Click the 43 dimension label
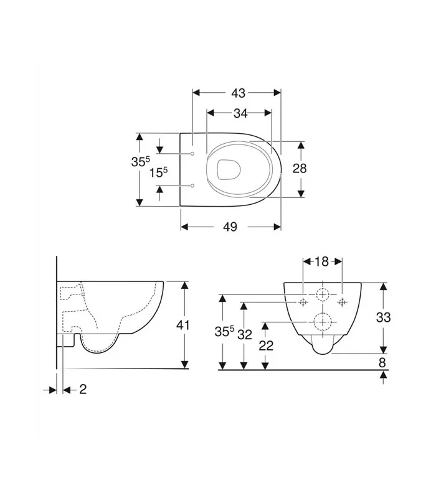click(x=238, y=93)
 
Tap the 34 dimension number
click(x=240, y=113)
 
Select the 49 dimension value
click(x=230, y=227)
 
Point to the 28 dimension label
click(x=300, y=168)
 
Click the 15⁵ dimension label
click(x=159, y=172)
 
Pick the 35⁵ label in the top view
click(x=140, y=162)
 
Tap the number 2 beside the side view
click(x=82, y=389)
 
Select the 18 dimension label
click(x=321, y=261)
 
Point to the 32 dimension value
click(x=245, y=334)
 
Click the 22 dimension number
click(x=266, y=346)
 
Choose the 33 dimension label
click(x=384, y=317)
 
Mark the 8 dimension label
click(x=383, y=362)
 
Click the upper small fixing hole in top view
click(x=192, y=153)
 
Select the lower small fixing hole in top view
click(x=192, y=186)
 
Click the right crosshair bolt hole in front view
click(x=341, y=302)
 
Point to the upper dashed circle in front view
click(x=323, y=295)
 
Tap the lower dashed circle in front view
click(x=323, y=321)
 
